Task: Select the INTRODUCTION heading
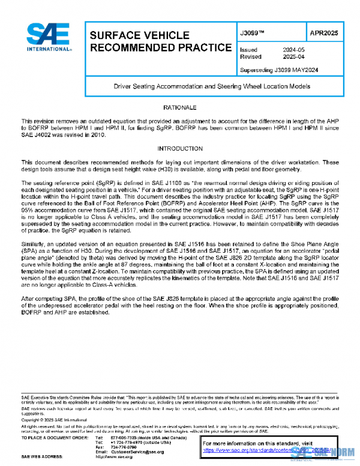pos(179,148)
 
